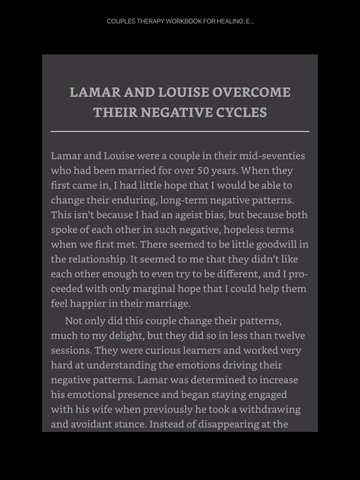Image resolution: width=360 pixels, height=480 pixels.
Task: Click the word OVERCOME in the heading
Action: (252, 92)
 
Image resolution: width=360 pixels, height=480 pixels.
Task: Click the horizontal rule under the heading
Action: (180, 132)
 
